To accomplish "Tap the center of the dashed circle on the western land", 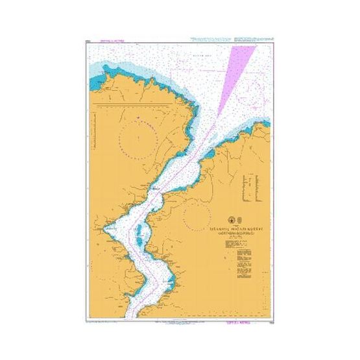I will [x=138, y=138].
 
